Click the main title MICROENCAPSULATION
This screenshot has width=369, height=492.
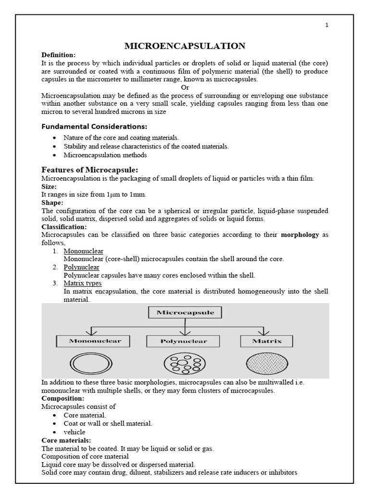coord(185,46)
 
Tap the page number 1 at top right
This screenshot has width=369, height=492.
coord(327,25)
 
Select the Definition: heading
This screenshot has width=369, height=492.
coord(58,55)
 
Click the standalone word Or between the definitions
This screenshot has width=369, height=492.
coord(185,87)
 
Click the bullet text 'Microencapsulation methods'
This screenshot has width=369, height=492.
coord(105,155)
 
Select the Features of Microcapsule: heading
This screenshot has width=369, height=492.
coord(90,170)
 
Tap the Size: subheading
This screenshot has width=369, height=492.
coord(49,186)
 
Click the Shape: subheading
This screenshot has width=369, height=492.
coord(52,203)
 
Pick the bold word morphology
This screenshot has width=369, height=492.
coord(300,235)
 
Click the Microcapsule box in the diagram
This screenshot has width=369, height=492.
coord(185,313)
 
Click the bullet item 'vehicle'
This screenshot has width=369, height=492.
coord(74,432)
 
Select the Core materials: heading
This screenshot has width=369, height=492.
coord(66,440)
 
